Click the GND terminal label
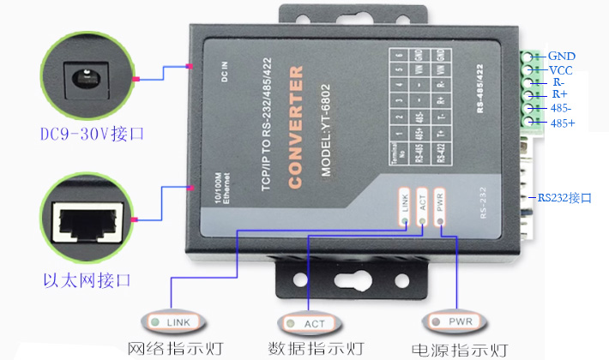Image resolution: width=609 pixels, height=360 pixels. (562, 57)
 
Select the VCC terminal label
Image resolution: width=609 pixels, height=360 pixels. (561, 70)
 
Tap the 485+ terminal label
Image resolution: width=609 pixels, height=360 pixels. (563, 123)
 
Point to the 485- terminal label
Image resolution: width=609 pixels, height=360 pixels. (563, 110)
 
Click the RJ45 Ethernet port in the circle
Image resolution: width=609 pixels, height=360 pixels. (89, 221)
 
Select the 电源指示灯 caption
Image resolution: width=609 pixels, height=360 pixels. (460, 350)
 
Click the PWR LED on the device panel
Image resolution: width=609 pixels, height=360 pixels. (440, 220)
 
